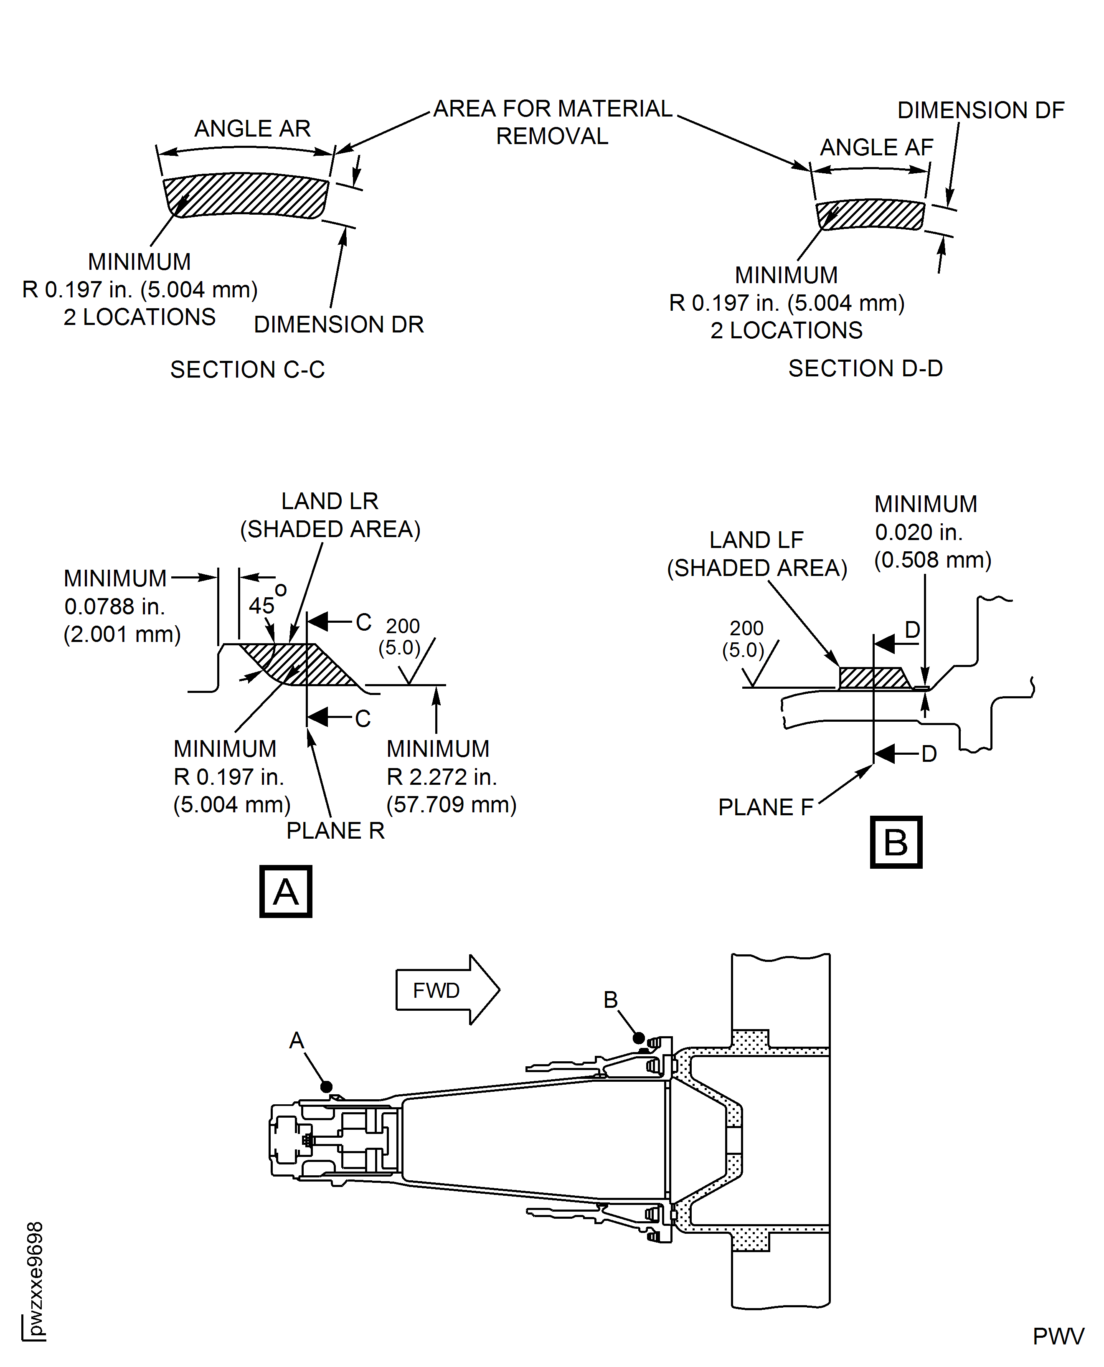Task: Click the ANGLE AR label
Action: pyautogui.click(x=252, y=129)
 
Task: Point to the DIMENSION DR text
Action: pyautogui.click(x=338, y=325)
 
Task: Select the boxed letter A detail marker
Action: pyautogui.click(x=286, y=891)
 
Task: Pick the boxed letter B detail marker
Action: pyautogui.click(x=896, y=842)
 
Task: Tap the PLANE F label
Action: pyautogui.click(x=765, y=807)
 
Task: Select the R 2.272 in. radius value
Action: pyautogui.click(x=442, y=777)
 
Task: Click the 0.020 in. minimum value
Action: pyautogui.click(x=918, y=532)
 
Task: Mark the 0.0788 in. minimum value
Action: pyautogui.click(x=114, y=606)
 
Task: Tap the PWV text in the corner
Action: pyautogui.click(x=1058, y=1337)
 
